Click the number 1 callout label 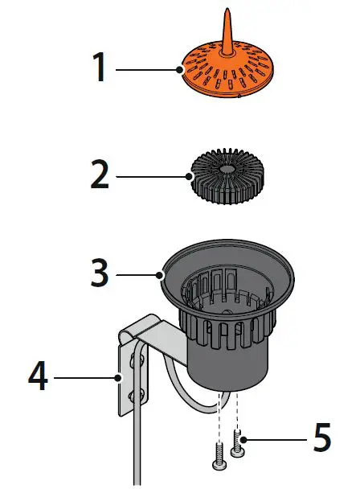pos(99,68)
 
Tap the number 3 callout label pos(99,273)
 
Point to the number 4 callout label pos(38,376)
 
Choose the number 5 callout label pos(321,438)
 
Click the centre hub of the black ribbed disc pos(227,171)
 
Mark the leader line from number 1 pos(149,70)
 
